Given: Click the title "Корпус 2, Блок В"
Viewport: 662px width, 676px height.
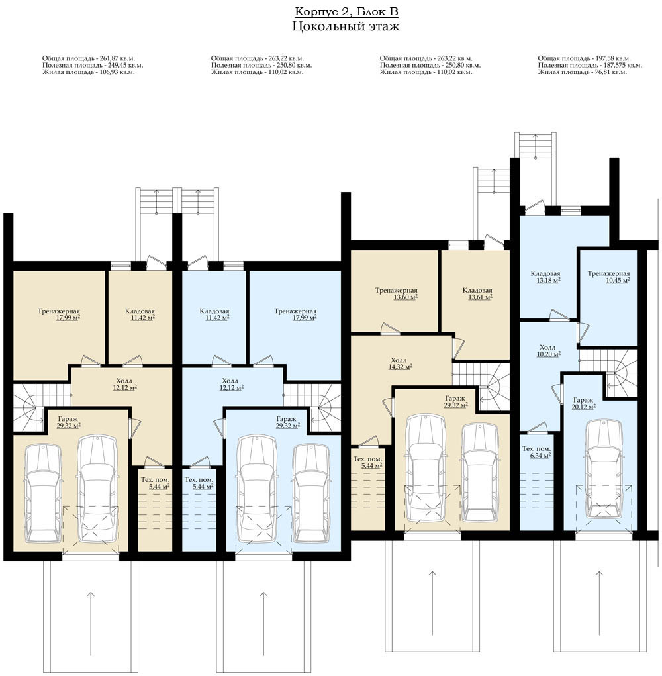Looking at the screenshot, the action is [x=346, y=12].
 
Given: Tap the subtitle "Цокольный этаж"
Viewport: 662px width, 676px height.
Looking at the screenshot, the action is [x=346, y=26].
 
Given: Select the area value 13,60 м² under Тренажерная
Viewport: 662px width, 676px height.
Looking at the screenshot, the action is [x=405, y=297].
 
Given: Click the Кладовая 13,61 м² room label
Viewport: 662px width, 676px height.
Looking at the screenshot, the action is [x=477, y=293].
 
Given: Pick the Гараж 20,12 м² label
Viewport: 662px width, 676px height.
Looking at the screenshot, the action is [x=584, y=403].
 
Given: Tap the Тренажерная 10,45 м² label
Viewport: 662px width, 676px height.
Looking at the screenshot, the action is [x=608, y=277].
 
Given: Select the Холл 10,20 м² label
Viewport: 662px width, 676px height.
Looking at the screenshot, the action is [x=547, y=350].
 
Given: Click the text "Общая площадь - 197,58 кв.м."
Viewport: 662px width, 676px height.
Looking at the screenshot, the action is [x=584, y=58].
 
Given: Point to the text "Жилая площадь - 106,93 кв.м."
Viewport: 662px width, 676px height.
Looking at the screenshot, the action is [x=88, y=72].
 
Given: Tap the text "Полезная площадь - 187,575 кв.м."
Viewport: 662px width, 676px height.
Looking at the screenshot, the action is [x=590, y=65].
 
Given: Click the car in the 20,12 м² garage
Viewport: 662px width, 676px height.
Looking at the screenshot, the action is [x=604, y=470].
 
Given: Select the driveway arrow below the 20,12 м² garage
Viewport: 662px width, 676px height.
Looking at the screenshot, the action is [x=600, y=603].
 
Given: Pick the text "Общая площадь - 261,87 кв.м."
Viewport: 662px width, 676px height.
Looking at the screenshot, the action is [x=88, y=58].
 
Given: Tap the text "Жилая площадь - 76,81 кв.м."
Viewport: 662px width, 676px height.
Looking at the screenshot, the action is [x=582, y=72].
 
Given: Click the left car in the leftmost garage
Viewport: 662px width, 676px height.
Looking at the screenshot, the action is [x=44, y=494].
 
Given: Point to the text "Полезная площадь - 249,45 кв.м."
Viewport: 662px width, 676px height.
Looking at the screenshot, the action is [x=92, y=65].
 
